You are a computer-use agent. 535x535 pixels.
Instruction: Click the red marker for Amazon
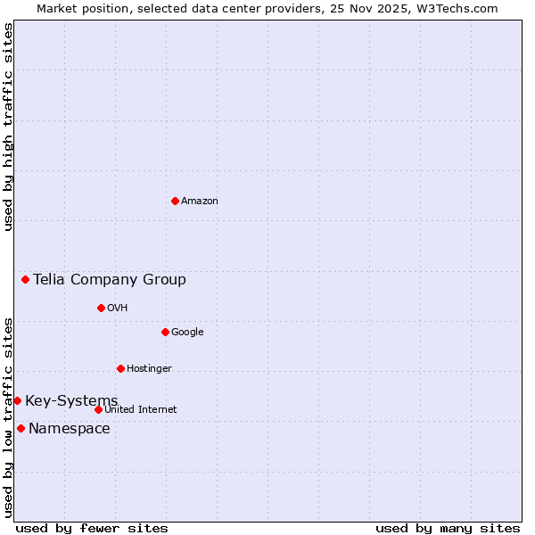[x=175, y=201]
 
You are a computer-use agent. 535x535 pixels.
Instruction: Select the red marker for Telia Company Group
[x=25, y=279]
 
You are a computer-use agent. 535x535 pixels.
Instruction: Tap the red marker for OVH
[x=101, y=308]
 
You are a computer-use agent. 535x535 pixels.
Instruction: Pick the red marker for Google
[x=165, y=332]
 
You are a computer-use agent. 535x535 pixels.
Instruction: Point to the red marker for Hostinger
[x=120, y=368]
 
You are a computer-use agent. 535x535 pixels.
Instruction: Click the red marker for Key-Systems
[x=17, y=400]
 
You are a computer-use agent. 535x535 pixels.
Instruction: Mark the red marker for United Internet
[x=98, y=409]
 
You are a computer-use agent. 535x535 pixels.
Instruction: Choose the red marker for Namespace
[x=21, y=428]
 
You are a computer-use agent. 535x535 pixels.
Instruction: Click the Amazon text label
[x=200, y=201]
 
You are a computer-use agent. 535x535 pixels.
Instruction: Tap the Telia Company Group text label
[x=110, y=279]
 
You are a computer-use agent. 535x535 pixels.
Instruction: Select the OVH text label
[x=118, y=308]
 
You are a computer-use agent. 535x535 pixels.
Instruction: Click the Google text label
[x=187, y=332]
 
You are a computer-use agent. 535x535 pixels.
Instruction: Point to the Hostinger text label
[x=149, y=368]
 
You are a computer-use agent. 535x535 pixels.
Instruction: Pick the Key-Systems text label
[x=71, y=400]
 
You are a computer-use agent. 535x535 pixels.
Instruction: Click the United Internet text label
[x=141, y=409]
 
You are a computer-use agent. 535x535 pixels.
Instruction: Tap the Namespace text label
[x=70, y=428]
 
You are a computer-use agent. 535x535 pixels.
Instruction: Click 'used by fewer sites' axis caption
[x=92, y=528]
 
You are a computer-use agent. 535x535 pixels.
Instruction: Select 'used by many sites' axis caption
[x=448, y=528]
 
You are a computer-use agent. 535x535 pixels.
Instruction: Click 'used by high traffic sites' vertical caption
[x=8, y=127]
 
